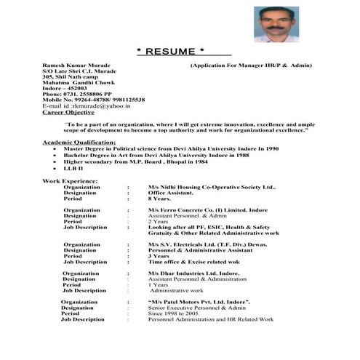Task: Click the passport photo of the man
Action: [276, 25]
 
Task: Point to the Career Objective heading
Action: [68, 112]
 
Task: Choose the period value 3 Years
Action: [159, 256]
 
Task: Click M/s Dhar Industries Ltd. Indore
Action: [193, 273]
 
